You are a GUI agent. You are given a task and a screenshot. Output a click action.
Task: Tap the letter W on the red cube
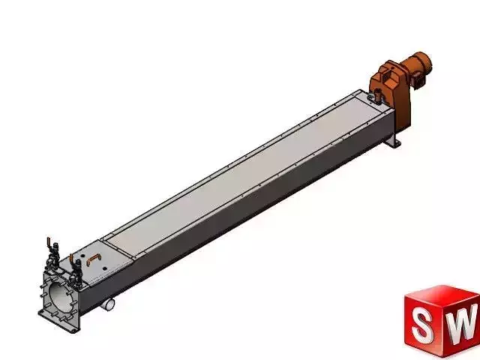click(464, 323)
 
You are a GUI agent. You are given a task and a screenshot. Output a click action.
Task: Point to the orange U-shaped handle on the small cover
click(92, 257)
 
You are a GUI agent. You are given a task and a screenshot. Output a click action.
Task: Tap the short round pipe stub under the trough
click(110, 304)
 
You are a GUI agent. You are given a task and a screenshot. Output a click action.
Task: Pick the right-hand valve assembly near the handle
click(75, 269)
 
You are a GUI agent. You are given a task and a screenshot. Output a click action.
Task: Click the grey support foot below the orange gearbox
click(391, 141)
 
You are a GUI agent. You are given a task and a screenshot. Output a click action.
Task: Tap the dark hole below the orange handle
click(94, 271)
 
